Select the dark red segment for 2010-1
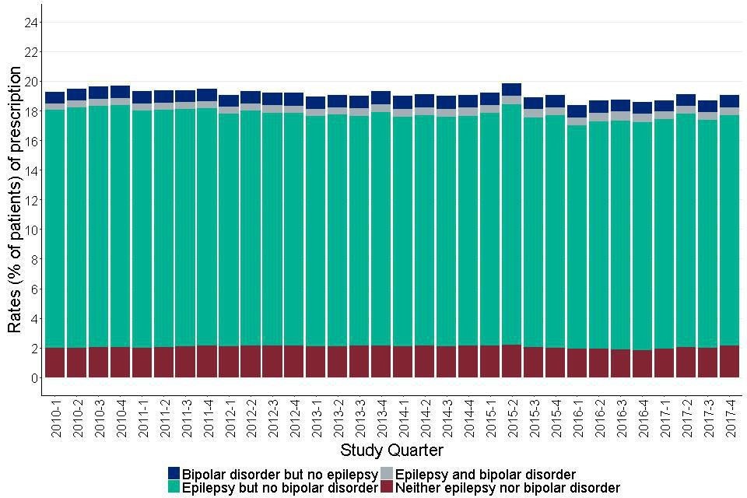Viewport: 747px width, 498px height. click(54, 363)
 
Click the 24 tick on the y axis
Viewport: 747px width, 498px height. click(31, 23)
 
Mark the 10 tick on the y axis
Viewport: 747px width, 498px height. click(31, 230)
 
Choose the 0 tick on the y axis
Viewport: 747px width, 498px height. click(33, 377)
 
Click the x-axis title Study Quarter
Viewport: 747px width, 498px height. click(391, 451)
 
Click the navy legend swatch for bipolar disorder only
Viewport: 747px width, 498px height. click(174, 474)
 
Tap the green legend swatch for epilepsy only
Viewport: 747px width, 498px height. click(174, 488)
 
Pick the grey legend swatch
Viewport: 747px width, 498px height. click(387, 474)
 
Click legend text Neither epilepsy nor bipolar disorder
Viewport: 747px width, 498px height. click(507, 488)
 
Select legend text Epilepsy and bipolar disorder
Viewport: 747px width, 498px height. click(486, 474)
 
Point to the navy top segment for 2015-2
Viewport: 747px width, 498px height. click(511, 89)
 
